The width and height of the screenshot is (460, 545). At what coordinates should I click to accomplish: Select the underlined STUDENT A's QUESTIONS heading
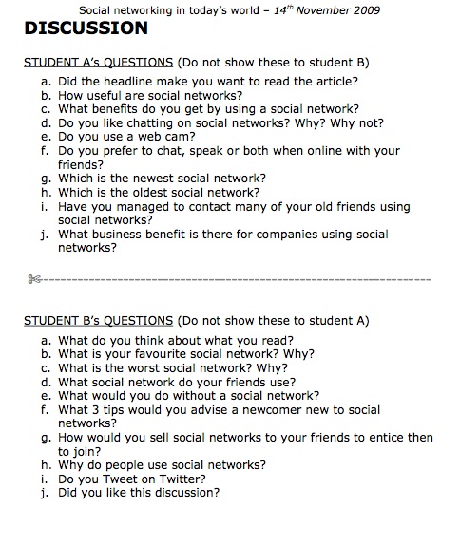coord(98,63)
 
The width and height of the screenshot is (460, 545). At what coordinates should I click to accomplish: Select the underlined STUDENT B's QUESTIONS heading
coord(98,321)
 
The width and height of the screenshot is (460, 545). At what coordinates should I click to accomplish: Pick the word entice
coord(371,438)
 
